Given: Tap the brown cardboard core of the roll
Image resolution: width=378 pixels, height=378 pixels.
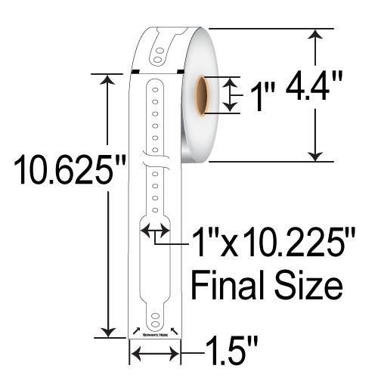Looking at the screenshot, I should [x=203, y=94].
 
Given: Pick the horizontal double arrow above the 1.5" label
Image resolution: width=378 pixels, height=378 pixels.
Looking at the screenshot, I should [x=155, y=352].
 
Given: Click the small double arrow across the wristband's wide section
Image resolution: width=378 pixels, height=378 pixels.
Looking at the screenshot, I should [x=155, y=231].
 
